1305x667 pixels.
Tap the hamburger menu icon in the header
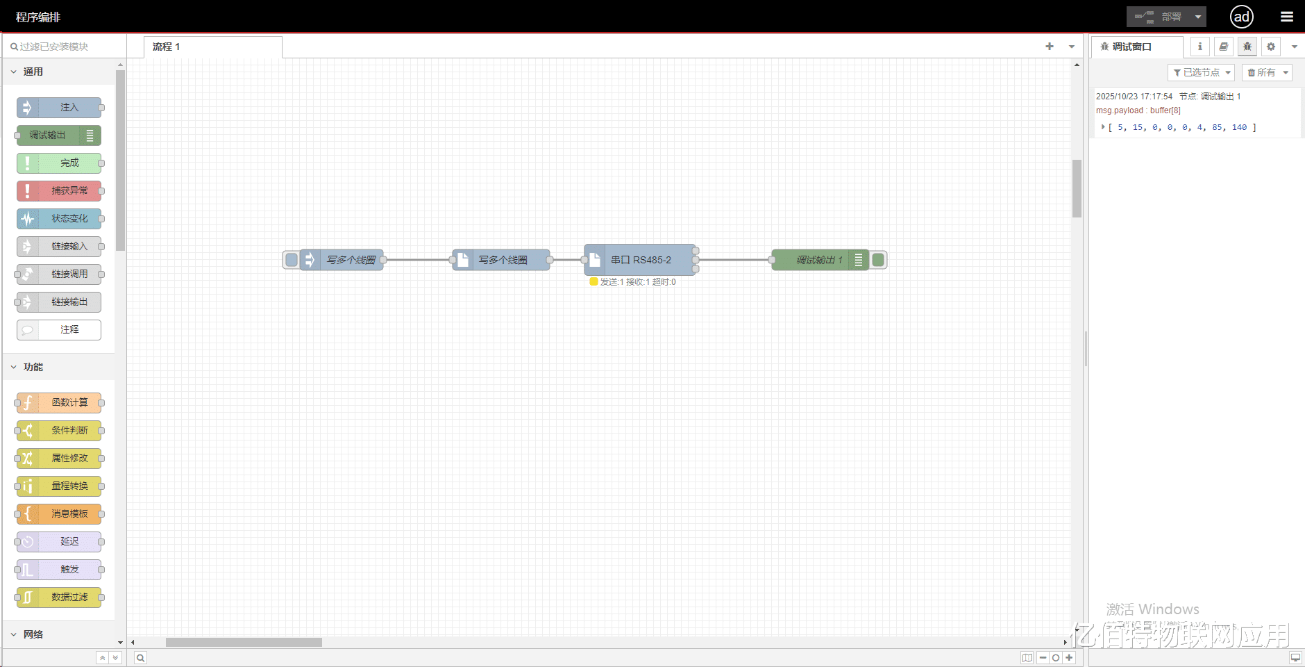pos(1286,17)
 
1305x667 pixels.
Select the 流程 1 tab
pos(167,47)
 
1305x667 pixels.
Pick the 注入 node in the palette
pos(60,108)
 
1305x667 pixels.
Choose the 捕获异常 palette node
pos(60,191)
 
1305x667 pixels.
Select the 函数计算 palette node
pos(60,403)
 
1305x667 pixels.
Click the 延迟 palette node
pos(60,542)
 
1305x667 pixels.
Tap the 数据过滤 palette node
pos(60,598)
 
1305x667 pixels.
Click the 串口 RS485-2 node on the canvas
pos(640,260)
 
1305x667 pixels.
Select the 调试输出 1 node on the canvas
pos(819,260)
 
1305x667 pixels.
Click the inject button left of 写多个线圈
pos(292,260)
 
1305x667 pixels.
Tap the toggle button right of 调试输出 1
pos(878,260)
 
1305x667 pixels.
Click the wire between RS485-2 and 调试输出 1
pos(734,260)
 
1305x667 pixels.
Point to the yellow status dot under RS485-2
pos(593,281)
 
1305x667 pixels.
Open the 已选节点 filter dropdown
pos(1201,72)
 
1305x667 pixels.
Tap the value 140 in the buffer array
pos(1239,127)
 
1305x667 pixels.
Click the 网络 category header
pos(33,634)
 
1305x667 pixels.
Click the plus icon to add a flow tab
pos(1050,47)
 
